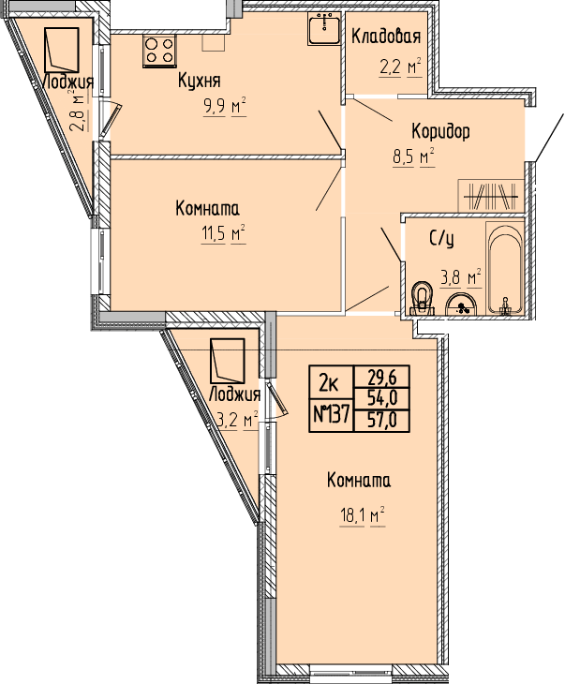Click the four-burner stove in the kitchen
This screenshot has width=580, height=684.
click(159, 52)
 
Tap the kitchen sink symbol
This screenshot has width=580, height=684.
click(324, 28)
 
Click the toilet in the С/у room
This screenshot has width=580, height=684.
click(422, 299)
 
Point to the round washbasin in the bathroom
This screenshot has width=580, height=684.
click(460, 304)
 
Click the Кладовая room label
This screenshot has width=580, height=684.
click(386, 37)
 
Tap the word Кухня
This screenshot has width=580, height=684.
click(200, 81)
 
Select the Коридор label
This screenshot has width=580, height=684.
click(441, 131)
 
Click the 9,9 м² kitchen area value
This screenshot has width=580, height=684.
click(225, 107)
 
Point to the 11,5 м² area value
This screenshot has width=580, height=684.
click(223, 234)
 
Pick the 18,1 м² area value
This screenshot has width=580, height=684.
click(362, 516)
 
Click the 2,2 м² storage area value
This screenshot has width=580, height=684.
click(400, 67)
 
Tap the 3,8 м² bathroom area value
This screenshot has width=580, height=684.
click(460, 277)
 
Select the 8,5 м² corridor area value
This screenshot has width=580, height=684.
click(414, 157)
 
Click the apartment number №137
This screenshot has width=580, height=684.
click(332, 414)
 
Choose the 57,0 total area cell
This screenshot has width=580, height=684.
click(382, 421)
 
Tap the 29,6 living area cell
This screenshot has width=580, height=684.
click(382, 377)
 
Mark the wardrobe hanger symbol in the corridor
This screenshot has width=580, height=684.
click(491, 197)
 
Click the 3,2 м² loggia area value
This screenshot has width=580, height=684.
click(237, 421)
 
